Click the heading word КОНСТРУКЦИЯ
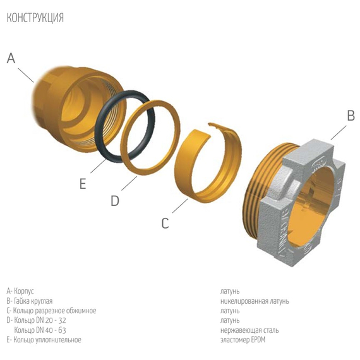point(35,18)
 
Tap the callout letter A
point(11,58)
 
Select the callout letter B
point(351,116)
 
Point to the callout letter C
point(165,223)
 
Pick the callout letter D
point(115,201)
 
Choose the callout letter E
point(82,184)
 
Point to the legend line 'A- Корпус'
point(23,291)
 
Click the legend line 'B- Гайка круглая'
point(30,301)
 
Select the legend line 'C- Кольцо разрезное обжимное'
point(51,311)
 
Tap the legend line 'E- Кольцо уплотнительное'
point(44,340)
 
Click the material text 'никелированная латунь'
point(255,301)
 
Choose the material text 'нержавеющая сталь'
point(249,330)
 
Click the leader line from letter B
point(339,131)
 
